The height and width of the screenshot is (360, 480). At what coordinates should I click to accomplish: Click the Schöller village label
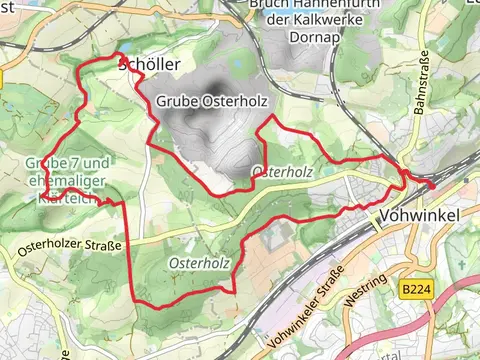150,65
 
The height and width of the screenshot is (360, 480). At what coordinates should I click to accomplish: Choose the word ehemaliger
69,181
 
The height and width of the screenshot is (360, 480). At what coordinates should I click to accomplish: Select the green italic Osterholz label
200,263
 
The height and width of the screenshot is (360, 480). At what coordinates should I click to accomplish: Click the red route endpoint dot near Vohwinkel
432,183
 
